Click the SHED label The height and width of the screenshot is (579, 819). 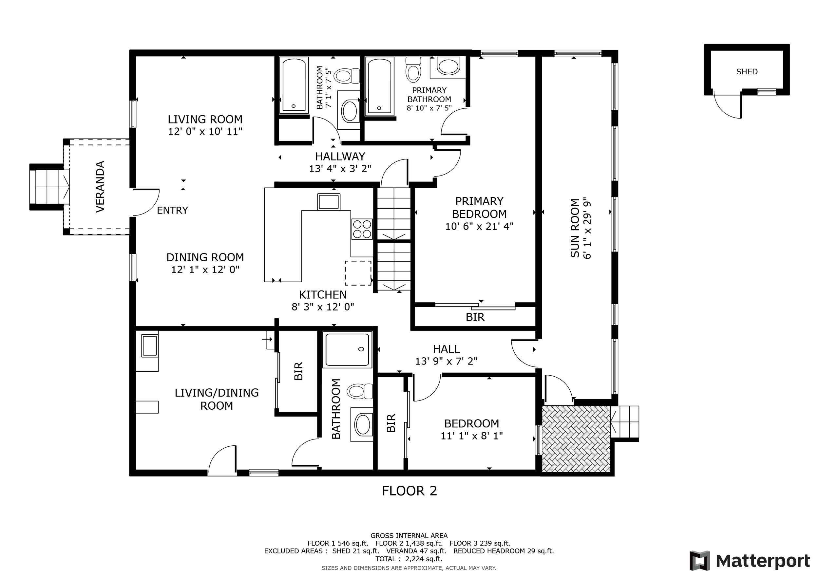click(x=747, y=72)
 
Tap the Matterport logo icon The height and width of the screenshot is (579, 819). click(x=700, y=561)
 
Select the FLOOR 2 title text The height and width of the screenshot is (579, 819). click(x=409, y=491)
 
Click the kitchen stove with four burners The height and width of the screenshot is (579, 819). click(x=362, y=229)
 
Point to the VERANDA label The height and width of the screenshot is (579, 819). click(x=100, y=186)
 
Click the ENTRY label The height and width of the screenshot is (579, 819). click(x=172, y=210)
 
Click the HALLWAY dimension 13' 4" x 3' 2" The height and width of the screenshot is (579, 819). click(x=340, y=169)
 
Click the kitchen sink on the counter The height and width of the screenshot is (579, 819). click(x=329, y=202)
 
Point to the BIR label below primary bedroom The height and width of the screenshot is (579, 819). click(x=475, y=317)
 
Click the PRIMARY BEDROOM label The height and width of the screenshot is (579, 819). click(x=479, y=208)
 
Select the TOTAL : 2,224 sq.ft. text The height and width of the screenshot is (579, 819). click(x=409, y=559)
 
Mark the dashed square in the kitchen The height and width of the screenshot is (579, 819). click(x=358, y=273)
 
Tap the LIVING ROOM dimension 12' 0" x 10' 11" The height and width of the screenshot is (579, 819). click(x=205, y=132)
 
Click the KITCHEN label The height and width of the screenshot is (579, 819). click(x=322, y=295)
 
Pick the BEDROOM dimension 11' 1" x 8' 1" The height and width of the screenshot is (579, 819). click(x=471, y=436)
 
